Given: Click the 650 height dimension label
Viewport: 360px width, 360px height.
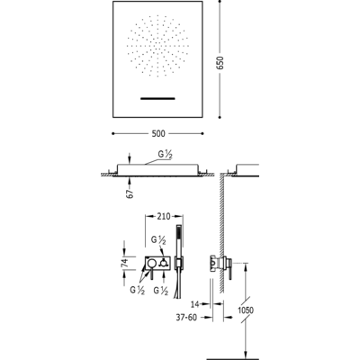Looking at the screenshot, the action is pyautogui.click(x=220, y=63).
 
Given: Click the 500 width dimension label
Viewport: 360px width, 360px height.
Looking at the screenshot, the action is pyautogui.click(x=158, y=133).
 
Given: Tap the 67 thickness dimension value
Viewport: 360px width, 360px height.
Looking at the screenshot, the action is pyautogui.click(x=130, y=193).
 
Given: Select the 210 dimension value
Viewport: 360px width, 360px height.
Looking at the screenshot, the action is pyautogui.click(x=164, y=216).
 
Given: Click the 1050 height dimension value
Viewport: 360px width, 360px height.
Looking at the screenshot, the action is pyautogui.click(x=246, y=310).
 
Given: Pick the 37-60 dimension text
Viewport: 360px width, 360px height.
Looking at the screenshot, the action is pyautogui.click(x=186, y=317).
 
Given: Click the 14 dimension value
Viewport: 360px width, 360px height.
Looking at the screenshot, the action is pyautogui.click(x=195, y=304).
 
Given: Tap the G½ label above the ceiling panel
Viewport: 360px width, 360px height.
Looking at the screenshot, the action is pyautogui.click(x=165, y=155).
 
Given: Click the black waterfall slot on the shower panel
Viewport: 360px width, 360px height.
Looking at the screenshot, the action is pyautogui.click(x=157, y=98).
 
